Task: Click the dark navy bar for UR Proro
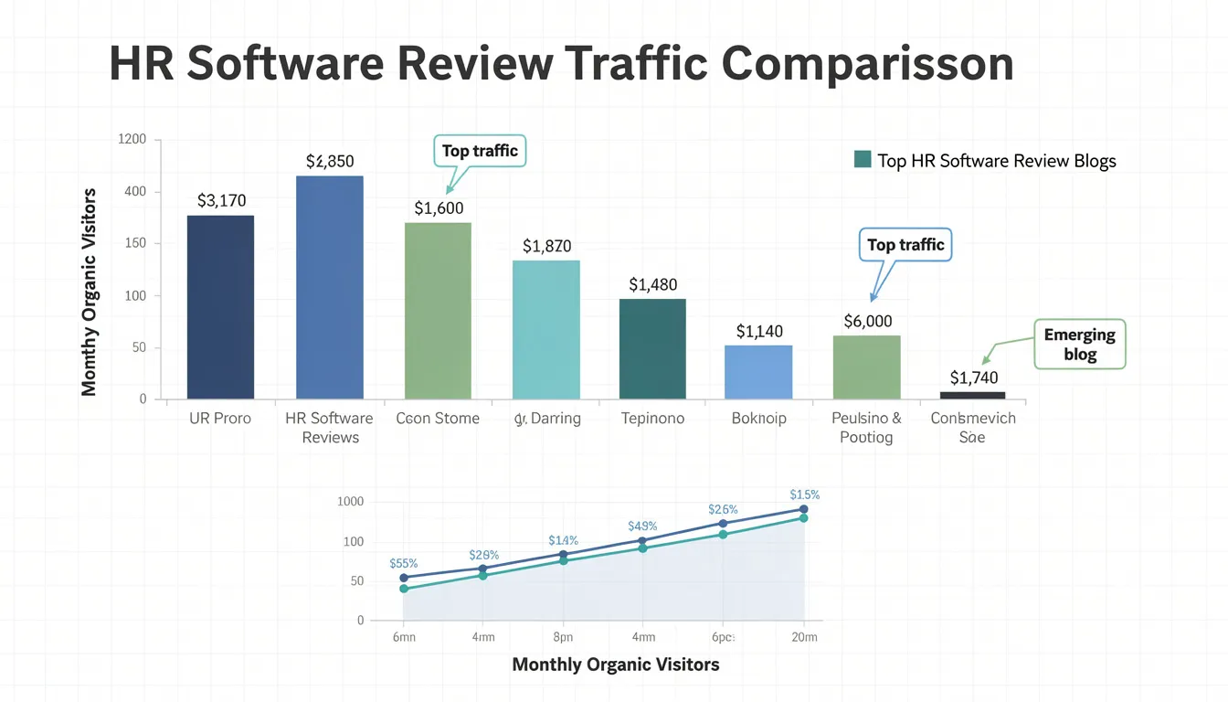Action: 220,307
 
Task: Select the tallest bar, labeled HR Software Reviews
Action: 329,287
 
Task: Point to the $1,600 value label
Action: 439,208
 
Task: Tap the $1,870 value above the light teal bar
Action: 546,246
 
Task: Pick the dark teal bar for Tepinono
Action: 652,348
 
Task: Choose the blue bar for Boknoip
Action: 758,371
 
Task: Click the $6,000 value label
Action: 868,322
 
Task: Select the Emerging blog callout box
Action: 1079,345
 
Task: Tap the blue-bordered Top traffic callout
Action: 905,245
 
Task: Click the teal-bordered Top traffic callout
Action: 480,152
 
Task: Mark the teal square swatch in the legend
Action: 862,160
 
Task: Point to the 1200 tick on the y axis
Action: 132,140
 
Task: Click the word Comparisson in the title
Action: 867,64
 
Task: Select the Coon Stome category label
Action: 438,419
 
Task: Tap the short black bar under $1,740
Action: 972,395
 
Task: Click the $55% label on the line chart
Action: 403,564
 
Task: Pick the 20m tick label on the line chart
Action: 804,638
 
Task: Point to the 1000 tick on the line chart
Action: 350,502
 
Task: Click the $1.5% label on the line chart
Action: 804,495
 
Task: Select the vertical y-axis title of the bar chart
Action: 89,292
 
